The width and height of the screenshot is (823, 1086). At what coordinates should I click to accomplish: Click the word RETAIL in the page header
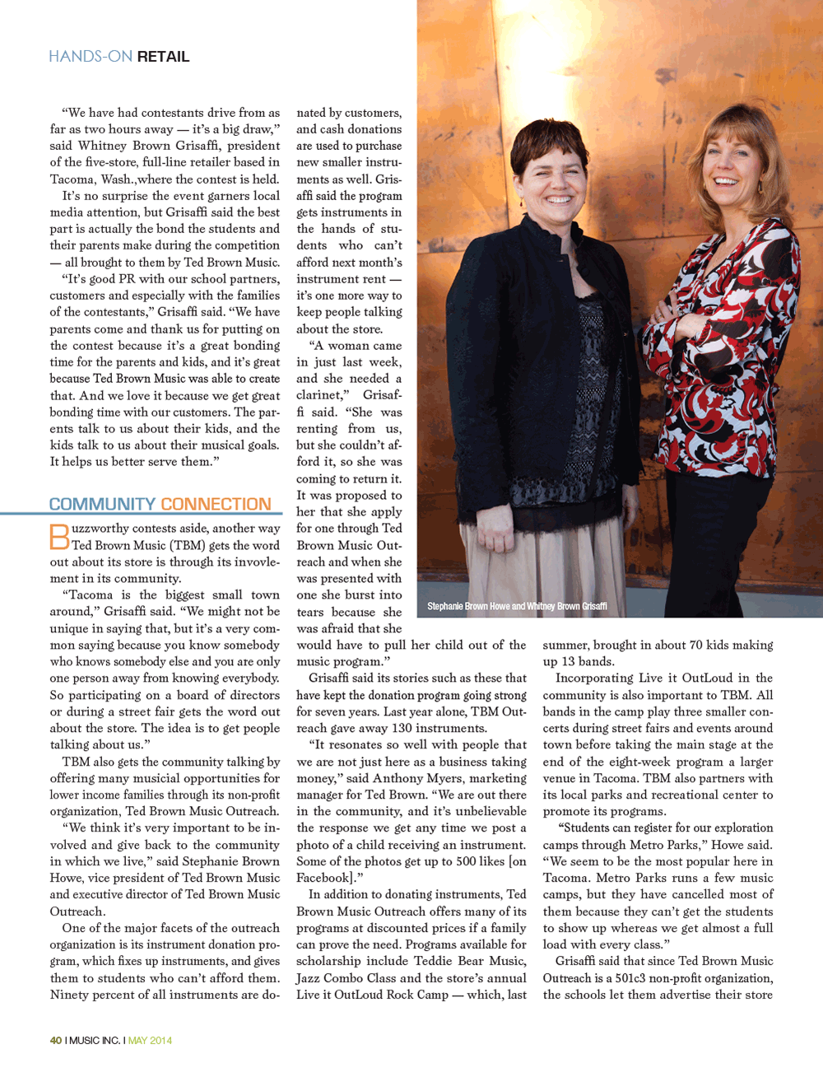pos(163,57)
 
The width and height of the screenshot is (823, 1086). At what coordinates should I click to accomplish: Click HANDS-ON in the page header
pos(91,57)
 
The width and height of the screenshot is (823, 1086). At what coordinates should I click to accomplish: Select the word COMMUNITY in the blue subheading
pos(102,504)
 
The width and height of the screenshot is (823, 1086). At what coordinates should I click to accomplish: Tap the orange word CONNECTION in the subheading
pos(216,504)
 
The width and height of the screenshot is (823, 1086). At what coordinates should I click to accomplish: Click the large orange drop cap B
pos(59,537)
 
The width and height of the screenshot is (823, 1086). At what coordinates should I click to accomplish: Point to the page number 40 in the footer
pos(56,1040)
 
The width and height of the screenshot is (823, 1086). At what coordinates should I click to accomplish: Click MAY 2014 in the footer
pos(150,1040)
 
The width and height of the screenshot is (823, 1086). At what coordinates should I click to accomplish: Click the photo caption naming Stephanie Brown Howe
pos(517,606)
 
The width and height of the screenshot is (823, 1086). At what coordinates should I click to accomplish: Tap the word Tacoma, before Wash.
pos(72,179)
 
